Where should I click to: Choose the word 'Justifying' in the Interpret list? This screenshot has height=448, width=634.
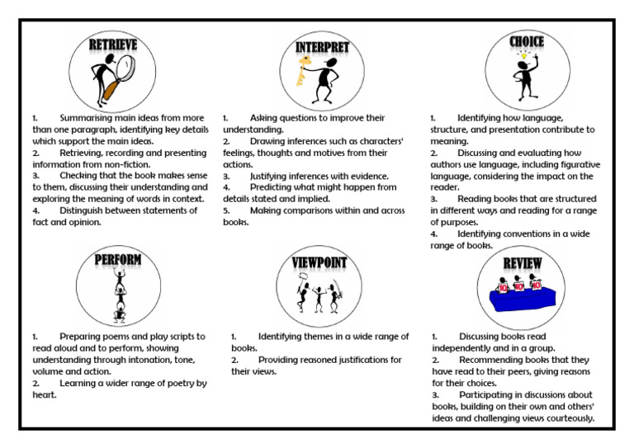[x=274, y=177]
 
